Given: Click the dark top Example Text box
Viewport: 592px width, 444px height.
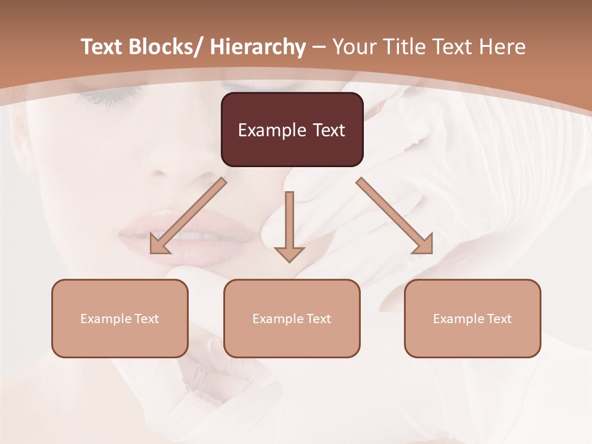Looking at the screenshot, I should pyautogui.click(x=292, y=129).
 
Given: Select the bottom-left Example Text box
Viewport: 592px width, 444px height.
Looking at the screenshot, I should pyautogui.click(x=120, y=318).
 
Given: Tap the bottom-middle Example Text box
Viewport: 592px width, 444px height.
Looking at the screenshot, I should pyautogui.click(x=292, y=318).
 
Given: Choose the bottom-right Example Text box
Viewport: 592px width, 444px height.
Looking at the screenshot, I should pyautogui.click(x=472, y=318).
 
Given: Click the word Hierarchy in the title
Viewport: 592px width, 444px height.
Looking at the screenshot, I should pyautogui.click(x=258, y=47).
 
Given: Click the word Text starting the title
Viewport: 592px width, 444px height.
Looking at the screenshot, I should pyautogui.click(x=102, y=47).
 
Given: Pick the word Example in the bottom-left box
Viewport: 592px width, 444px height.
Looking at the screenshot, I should pyautogui.click(x=106, y=318).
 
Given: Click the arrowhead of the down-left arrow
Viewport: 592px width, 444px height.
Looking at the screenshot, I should pyautogui.click(x=159, y=245).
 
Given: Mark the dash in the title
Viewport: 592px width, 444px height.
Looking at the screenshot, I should pyautogui.click(x=319, y=47).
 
